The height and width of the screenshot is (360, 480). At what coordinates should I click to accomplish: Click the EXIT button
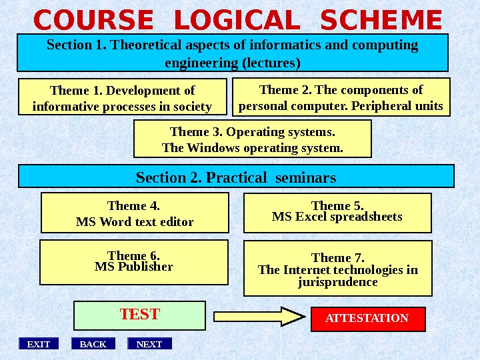(x=38, y=344)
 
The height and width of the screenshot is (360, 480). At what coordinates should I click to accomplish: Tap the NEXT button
(x=149, y=344)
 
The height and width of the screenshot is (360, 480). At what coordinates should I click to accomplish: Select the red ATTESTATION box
(x=368, y=319)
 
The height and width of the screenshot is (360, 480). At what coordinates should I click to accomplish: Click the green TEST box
(x=139, y=315)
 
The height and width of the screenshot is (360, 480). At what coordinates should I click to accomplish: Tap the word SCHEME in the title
(x=381, y=21)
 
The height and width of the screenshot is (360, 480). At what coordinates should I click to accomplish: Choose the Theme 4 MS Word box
(x=135, y=213)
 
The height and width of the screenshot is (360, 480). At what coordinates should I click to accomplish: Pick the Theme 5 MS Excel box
(x=337, y=213)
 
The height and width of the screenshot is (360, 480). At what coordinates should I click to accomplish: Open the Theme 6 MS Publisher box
(x=134, y=263)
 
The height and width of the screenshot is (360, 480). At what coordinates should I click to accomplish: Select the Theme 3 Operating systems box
(x=253, y=139)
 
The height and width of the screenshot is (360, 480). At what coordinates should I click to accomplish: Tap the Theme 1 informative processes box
(x=122, y=98)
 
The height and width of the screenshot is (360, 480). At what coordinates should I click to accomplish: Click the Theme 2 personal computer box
(x=341, y=97)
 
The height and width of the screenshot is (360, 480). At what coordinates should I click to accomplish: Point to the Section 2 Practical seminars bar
(x=236, y=177)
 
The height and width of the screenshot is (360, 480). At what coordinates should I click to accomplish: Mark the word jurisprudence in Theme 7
(x=338, y=282)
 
